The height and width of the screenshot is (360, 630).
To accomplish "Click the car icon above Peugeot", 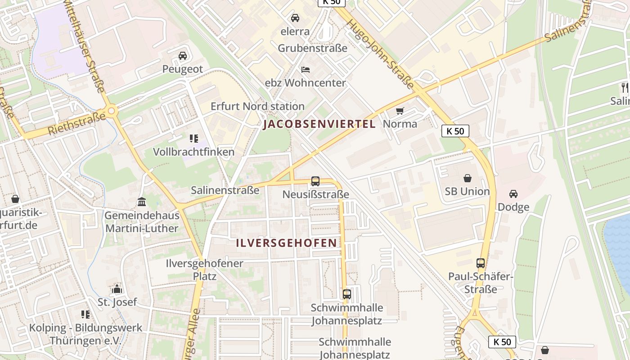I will [182, 56].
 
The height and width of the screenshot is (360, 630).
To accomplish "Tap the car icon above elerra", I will [295, 18].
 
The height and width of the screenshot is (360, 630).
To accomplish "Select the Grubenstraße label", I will [313, 48].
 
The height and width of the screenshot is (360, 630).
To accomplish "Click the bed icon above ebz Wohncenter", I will [306, 70].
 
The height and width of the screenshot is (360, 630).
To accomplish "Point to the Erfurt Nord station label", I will [258, 107].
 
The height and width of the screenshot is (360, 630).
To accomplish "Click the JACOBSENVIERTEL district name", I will [319, 124].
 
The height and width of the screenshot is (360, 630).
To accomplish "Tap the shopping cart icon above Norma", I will [400, 111].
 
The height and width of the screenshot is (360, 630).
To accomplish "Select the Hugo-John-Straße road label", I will [381, 53].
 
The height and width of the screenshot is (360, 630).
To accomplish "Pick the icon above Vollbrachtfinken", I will [194, 139].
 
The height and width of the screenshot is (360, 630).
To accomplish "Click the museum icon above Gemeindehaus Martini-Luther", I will [142, 202].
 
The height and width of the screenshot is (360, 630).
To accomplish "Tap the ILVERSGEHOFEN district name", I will [287, 243].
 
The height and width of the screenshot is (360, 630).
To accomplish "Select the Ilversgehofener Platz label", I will [205, 270].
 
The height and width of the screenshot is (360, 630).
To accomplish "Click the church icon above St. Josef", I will [117, 288].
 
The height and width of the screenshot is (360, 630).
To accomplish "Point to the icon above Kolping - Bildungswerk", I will [85, 314].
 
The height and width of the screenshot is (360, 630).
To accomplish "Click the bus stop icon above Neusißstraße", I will [315, 181].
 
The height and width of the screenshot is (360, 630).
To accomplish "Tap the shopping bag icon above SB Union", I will [467, 178].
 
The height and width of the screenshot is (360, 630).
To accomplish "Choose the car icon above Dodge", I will [513, 194].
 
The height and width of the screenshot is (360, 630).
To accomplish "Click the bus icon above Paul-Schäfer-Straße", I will [481, 263].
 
